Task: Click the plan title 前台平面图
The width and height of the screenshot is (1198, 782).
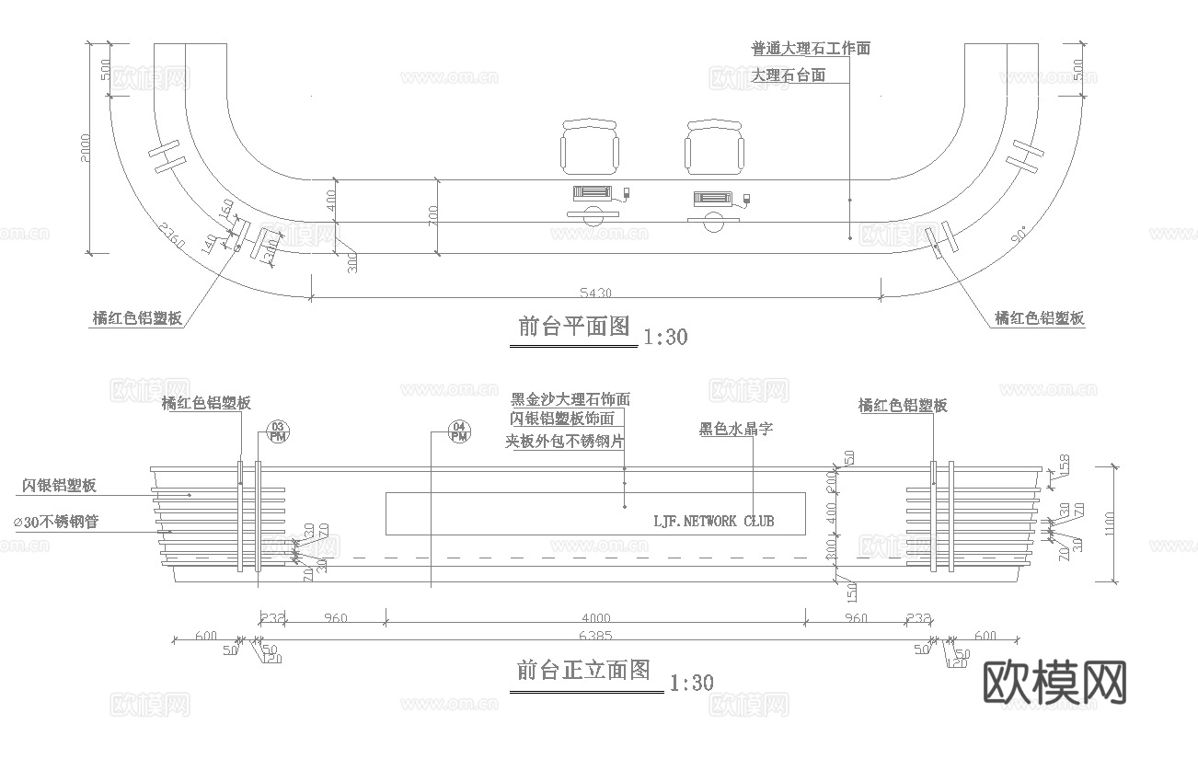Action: pos(573,327)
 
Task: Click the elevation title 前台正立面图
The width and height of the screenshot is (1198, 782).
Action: pos(583,671)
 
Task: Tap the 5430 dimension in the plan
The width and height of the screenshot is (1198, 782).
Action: pos(595,293)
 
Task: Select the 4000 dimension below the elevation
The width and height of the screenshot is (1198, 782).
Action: pos(595,618)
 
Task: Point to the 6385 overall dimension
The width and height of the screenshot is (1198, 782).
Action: pos(595,636)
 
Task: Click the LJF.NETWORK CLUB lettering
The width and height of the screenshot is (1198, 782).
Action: pos(713,521)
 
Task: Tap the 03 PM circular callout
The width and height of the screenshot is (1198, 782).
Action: pos(277,431)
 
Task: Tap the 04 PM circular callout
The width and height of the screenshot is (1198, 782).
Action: pos(460,431)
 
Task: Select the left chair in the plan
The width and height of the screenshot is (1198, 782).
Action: pos(589,148)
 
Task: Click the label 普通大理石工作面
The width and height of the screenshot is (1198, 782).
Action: pos(810,49)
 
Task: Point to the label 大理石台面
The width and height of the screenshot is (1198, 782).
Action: pos(788,75)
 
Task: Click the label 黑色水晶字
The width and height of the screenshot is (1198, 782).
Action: pos(736,429)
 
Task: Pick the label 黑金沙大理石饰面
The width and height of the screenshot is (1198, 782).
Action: pos(570,399)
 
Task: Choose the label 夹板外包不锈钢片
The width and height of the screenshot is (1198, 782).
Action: pos(565,442)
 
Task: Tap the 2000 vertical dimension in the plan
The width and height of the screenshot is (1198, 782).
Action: pos(85,149)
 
